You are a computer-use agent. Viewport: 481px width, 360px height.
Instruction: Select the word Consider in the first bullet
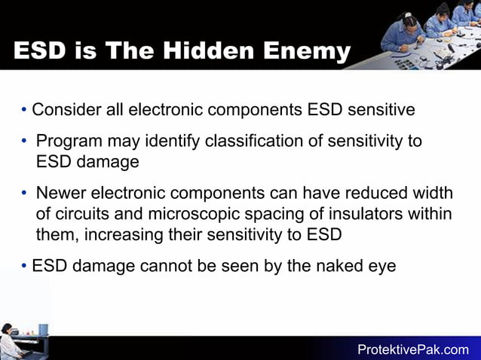(x=69, y=110)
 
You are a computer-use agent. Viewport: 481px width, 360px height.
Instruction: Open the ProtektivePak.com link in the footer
(x=412, y=349)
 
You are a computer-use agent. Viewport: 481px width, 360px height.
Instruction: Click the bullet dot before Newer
(x=25, y=194)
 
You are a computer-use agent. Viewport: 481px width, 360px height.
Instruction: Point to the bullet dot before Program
(x=25, y=142)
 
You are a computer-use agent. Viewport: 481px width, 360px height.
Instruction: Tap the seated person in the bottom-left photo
(x=10, y=343)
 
